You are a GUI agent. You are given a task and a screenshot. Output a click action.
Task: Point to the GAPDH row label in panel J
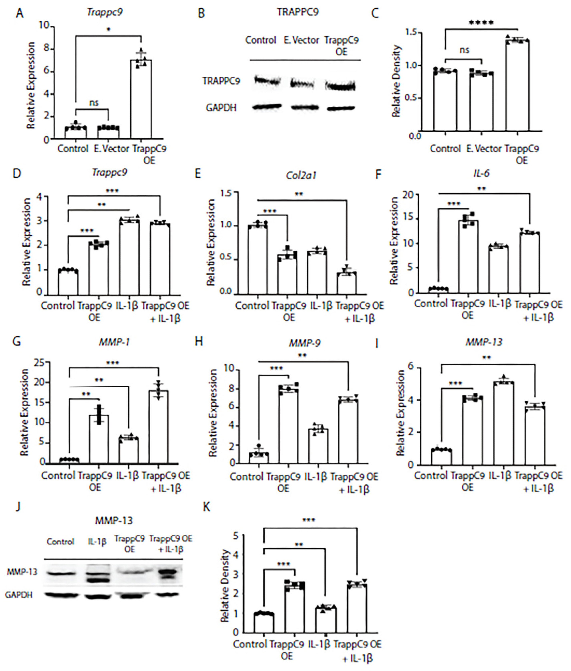coord(19,595)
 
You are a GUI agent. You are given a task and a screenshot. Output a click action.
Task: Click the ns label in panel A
coord(94,103)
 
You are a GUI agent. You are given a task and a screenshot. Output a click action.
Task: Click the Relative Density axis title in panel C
coord(396,81)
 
